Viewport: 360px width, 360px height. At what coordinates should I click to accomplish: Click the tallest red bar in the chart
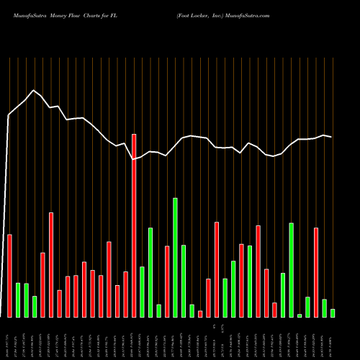tap(134, 225)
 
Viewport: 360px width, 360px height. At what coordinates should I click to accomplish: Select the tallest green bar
tap(175, 257)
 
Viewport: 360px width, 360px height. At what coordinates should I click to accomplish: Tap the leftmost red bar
tap(9, 276)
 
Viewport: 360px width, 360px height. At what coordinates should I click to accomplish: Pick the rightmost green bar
tap(333, 312)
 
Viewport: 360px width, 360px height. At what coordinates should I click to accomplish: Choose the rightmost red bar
tap(316, 272)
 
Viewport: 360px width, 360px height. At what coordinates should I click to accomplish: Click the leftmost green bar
tap(18, 300)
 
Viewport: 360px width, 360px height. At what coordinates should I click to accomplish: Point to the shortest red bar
tap(200, 314)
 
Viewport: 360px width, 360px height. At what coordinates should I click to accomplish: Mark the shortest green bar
tap(300, 315)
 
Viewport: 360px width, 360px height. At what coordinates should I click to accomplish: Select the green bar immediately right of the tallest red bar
tap(142, 292)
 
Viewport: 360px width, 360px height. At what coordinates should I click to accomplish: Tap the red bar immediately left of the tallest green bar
tap(167, 282)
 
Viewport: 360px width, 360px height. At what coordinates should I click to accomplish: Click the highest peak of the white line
tap(33, 91)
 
